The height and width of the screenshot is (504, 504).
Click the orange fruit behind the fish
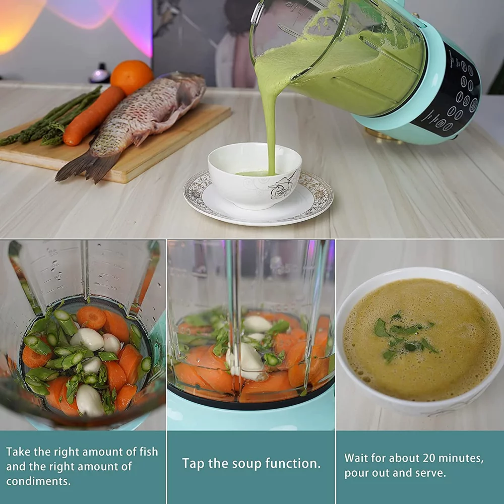(132, 77)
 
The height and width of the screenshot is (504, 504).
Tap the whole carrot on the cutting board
(94, 116)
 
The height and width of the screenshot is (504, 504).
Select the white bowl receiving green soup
(254, 175)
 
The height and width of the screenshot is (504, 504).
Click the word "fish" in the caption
(149, 451)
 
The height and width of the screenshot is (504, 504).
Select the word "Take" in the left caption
(19, 451)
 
